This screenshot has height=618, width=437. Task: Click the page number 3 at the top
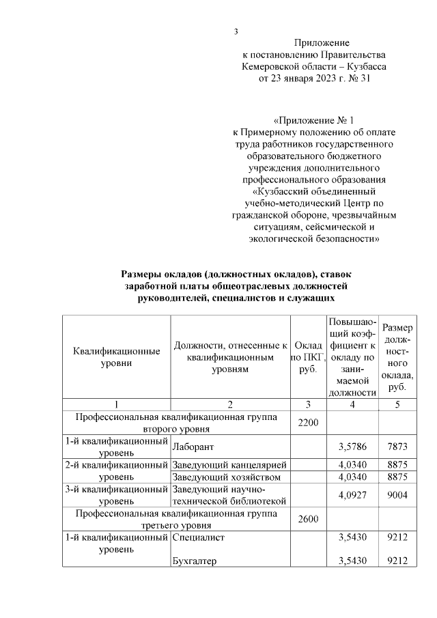tap(236, 31)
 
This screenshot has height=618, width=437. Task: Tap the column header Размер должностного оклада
tap(397, 356)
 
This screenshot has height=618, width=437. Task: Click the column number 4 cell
tap(352, 404)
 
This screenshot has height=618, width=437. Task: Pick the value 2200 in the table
tap(309, 423)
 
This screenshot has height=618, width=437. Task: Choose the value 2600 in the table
tap(309, 519)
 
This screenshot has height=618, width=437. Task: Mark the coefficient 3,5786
tap(352, 447)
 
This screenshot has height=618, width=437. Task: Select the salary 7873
tap(397, 447)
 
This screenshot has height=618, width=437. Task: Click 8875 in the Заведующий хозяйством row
tap(397, 476)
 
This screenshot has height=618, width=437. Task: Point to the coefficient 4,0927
tap(352, 494)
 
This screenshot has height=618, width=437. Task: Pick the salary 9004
tap(397, 494)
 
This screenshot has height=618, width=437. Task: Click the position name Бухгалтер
tap(194, 561)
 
